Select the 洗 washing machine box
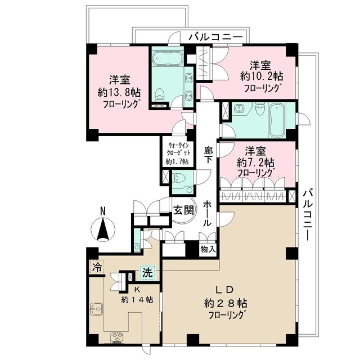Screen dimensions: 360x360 pos(147,272)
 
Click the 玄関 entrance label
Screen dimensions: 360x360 pos(183,210)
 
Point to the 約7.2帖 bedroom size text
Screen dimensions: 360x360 pos(255,163)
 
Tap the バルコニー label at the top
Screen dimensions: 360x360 pos(215,37)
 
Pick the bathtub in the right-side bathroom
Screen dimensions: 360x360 pos(277,119)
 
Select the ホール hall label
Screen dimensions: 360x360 pos(208,213)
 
